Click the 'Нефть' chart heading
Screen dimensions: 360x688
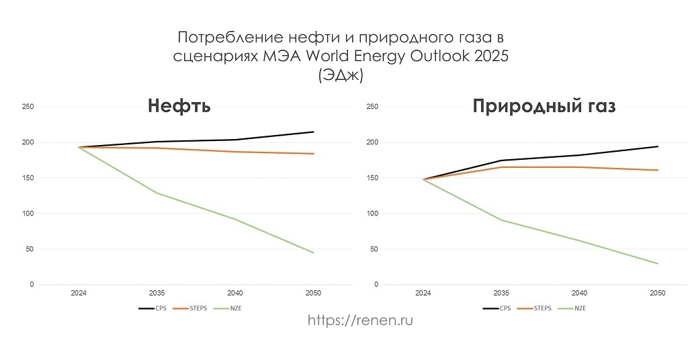pos(179,107)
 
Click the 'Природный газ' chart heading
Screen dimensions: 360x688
pos(544,107)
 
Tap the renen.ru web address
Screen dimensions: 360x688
pos(360,320)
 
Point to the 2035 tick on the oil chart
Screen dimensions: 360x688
pos(157,294)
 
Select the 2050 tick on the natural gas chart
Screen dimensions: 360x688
pos(658,294)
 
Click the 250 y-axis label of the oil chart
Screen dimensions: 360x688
pos(28,107)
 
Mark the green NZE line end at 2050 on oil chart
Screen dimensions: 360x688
pos(313,253)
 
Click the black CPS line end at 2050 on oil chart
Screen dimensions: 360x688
pos(313,132)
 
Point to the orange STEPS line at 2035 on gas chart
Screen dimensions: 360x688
pos(501,167)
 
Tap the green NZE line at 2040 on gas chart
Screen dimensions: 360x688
pos(579,240)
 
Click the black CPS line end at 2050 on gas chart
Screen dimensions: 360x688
pos(658,146)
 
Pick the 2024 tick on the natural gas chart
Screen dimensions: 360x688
pos(423,294)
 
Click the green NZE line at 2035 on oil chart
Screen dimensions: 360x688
pos(157,193)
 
